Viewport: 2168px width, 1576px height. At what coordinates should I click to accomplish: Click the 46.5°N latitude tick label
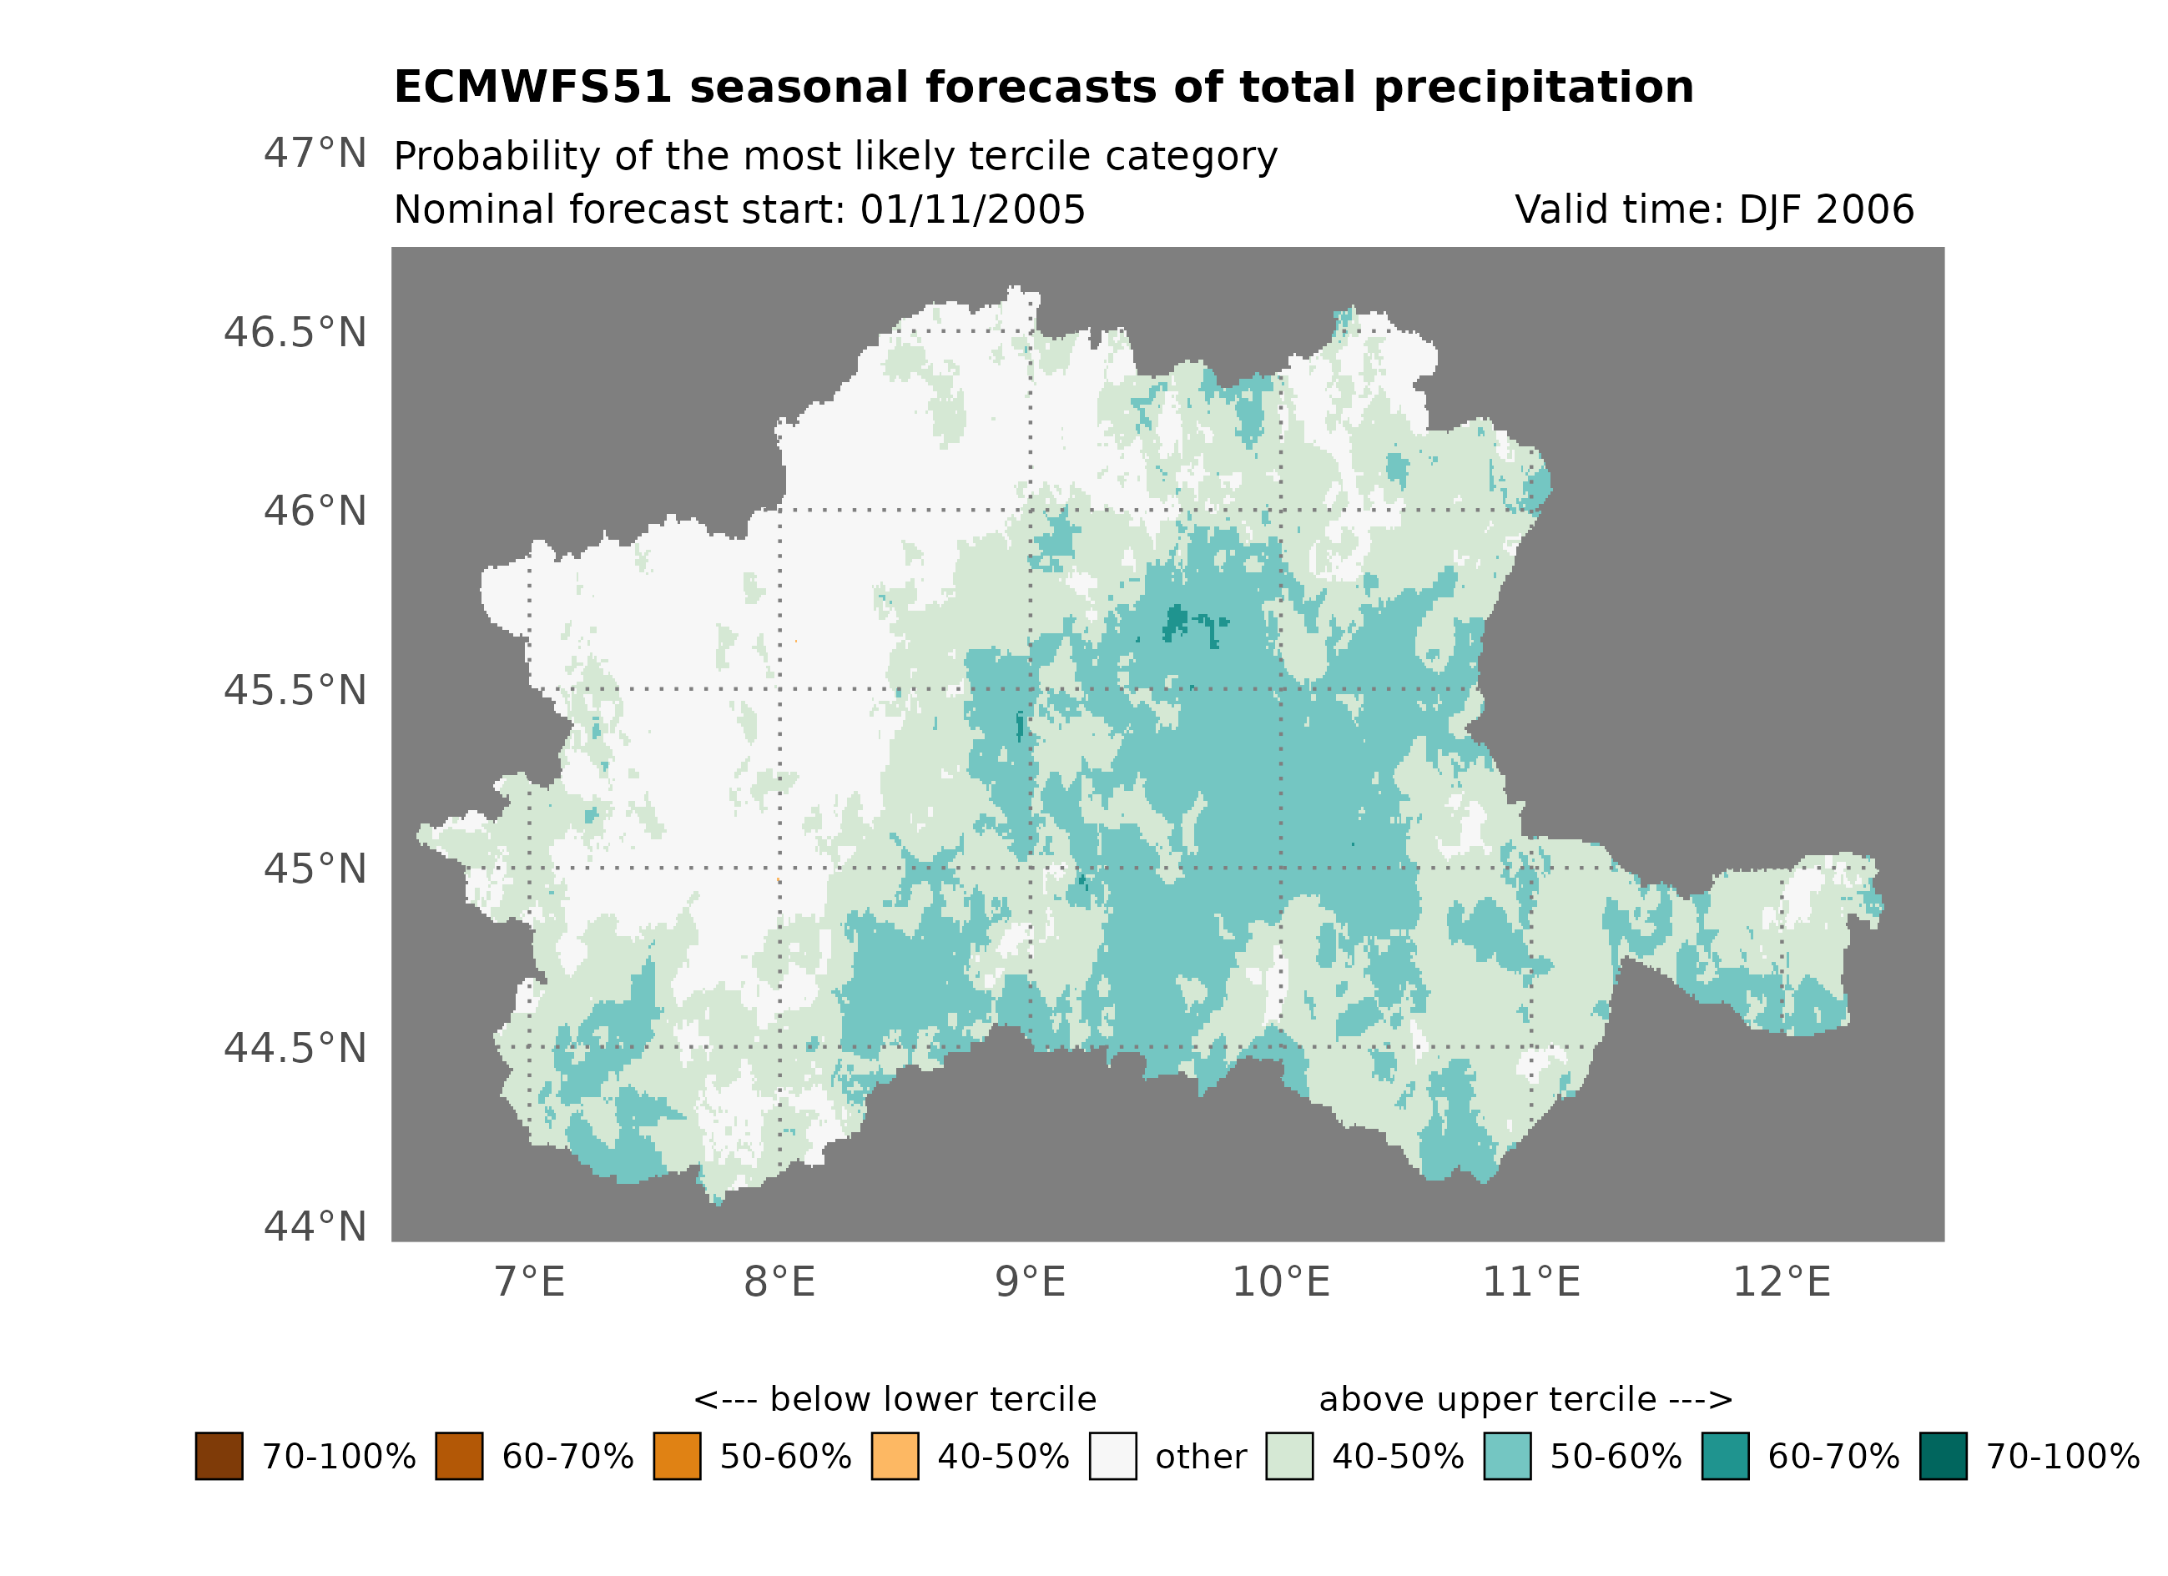click(295, 334)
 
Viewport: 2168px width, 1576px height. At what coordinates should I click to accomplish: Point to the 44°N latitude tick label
click(315, 1227)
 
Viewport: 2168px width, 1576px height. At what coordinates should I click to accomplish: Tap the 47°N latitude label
click(315, 154)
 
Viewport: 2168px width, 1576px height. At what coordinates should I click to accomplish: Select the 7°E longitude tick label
click(530, 1282)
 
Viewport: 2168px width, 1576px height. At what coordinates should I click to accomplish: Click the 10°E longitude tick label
click(1281, 1282)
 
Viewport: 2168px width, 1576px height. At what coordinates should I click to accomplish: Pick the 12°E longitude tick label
click(1782, 1282)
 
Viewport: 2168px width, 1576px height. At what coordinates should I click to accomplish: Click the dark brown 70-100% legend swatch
click(219, 1457)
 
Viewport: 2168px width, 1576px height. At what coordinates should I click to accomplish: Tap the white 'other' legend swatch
click(1112, 1457)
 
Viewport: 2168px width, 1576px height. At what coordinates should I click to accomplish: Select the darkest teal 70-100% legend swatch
click(1944, 1457)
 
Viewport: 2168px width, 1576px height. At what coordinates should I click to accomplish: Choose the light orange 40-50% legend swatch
click(895, 1457)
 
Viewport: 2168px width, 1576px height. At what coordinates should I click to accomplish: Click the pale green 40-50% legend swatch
click(1288, 1457)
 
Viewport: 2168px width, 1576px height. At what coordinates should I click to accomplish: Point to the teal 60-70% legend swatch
click(1726, 1457)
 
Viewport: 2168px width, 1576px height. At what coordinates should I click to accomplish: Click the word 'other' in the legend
click(1201, 1458)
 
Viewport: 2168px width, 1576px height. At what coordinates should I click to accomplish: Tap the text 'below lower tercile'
click(933, 1400)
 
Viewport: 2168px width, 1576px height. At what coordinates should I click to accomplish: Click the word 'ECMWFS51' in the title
click(533, 88)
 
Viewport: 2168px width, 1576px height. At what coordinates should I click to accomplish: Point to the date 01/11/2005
click(972, 210)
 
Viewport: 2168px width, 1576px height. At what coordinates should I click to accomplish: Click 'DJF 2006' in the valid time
click(1826, 210)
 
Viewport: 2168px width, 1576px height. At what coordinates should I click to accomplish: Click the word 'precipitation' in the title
click(1533, 88)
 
